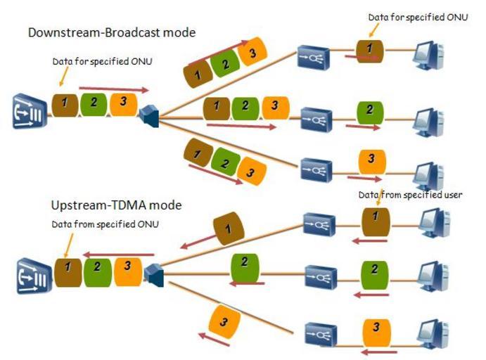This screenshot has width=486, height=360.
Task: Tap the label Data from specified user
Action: pos(409,195)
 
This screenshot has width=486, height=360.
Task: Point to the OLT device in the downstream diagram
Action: pos(29,113)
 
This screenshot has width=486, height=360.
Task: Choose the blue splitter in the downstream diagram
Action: pos(151,115)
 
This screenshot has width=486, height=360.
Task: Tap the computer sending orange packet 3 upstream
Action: pos(429,331)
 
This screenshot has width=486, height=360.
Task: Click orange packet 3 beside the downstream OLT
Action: pos(123,103)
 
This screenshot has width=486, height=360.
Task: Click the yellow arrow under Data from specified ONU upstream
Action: pos(65,245)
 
